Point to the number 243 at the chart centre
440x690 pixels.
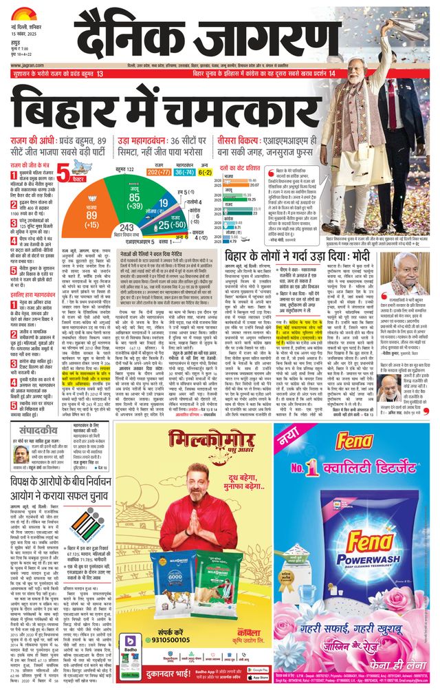click(127, 228)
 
